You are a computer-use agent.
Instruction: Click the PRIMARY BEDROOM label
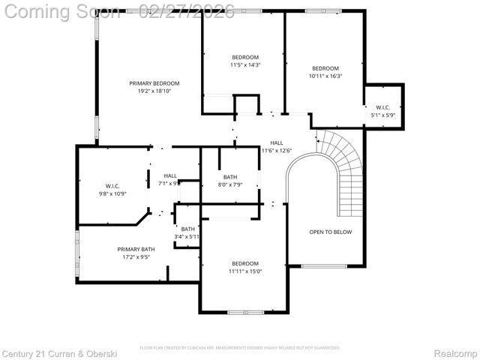click(x=154, y=83)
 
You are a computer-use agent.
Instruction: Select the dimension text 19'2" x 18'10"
click(x=154, y=91)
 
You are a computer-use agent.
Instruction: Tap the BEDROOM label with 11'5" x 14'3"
click(x=244, y=58)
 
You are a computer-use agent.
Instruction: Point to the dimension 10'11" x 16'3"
click(x=325, y=76)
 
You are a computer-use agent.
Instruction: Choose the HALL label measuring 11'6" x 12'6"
click(x=276, y=142)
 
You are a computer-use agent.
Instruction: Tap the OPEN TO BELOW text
click(x=330, y=232)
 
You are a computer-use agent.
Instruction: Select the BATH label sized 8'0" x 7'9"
click(x=229, y=177)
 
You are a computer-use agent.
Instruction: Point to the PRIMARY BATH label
click(x=136, y=249)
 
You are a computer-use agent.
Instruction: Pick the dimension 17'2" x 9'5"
click(x=136, y=257)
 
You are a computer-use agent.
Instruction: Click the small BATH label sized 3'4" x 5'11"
click(x=187, y=229)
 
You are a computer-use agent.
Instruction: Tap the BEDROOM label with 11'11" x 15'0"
click(x=244, y=263)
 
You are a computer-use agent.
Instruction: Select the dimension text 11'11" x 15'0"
click(x=244, y=271)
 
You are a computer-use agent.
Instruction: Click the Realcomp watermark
click(x=456, y=352)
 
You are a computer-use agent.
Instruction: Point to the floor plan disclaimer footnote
click(x=240, y=348)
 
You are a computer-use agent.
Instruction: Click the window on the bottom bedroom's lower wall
click(x=244, y=311)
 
